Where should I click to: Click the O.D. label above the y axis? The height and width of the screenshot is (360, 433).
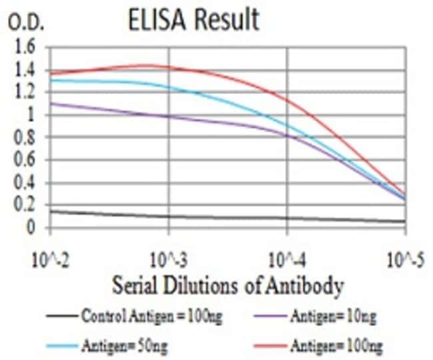(x=26, y=24)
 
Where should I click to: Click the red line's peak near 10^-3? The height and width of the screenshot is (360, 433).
(x=148, y=65)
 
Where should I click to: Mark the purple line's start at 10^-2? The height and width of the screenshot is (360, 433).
(x=51, y=103)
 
